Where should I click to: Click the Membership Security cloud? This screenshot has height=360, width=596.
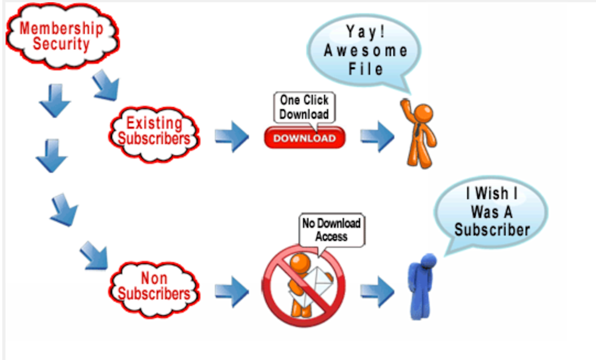point(61,36)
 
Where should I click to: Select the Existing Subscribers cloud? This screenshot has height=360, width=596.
point(154,131)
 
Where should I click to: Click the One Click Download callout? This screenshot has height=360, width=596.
point(304,108)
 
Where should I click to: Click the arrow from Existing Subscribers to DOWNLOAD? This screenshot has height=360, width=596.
point(232,137)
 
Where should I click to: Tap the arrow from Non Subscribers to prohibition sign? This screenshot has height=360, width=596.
point(232,292)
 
